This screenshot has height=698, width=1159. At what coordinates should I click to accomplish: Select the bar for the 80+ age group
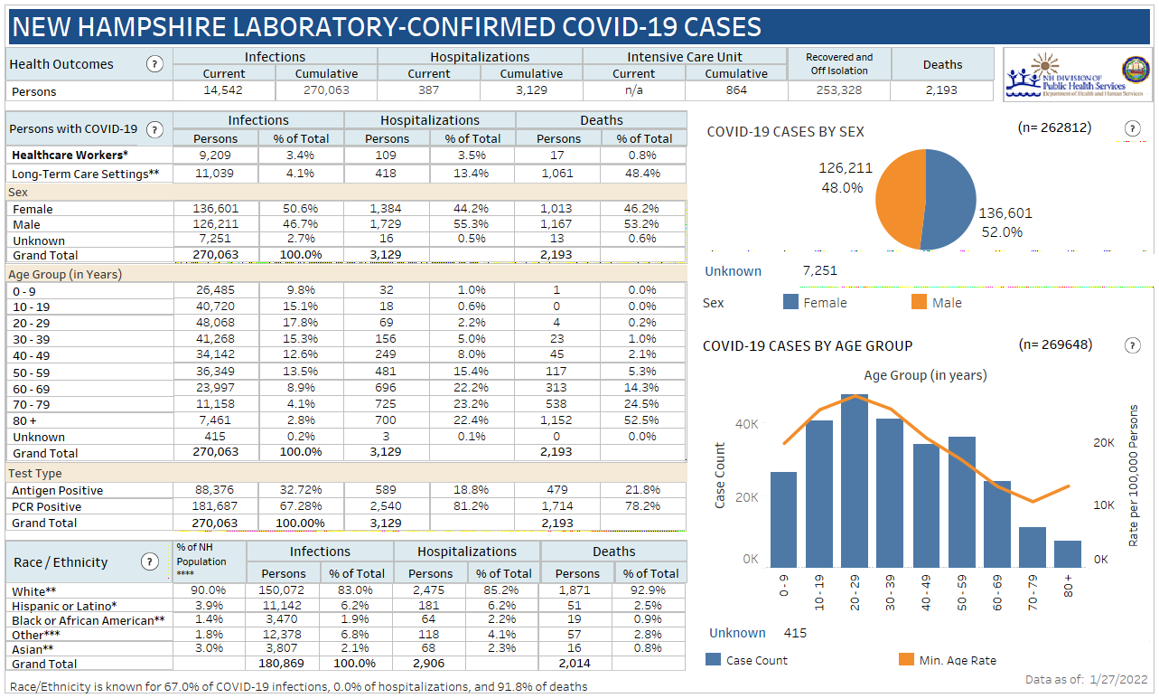(1067, 554)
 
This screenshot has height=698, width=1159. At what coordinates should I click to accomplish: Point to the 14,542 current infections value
(223, 90)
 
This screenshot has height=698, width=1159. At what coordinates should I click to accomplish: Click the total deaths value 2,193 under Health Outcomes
(942, 90)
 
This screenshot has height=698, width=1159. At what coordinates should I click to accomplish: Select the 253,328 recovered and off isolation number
(838, 90)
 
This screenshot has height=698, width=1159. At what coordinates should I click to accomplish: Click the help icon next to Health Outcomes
(154, 64)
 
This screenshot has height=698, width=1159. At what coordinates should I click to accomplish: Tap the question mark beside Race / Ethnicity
(150, 562)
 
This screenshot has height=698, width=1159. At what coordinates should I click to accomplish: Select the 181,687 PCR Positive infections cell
(215, 506)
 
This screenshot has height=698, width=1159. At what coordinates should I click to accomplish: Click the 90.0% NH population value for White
(210, 590)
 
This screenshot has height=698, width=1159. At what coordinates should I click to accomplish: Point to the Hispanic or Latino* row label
(65, 606)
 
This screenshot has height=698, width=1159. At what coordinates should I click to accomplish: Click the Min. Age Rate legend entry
(957, 660)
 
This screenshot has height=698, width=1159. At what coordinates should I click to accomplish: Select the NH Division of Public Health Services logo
(1076, 75)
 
